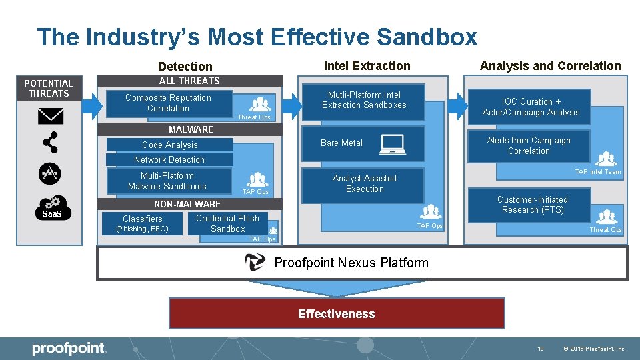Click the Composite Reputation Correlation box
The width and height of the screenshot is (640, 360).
[169, 103]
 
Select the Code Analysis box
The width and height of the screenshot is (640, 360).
[169, 145]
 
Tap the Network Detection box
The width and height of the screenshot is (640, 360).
[169, 159]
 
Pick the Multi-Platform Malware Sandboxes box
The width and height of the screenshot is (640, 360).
[167, 181]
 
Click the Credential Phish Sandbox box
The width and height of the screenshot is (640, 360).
[227, 223]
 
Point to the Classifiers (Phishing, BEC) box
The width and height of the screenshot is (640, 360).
[142, 223]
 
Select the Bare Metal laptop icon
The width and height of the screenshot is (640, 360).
[392, 144]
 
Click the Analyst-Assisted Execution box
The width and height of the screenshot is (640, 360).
[364, 184]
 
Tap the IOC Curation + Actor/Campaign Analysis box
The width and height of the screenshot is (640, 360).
[531, 107]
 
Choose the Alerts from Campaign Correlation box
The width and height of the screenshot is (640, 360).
[529, 146]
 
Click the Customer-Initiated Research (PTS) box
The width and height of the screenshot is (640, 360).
[533, 205]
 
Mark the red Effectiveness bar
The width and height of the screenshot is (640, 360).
[337, 314]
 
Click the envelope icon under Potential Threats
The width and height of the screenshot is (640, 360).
[50, 116]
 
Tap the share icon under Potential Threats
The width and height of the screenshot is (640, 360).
[50, 142]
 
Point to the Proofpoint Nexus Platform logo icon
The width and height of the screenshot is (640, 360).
[255, 263]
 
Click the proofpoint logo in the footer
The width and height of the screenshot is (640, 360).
[69, 348]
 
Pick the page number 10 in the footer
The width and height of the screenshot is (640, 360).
[541, 348]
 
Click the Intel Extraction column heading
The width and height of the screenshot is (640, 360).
[367, 65]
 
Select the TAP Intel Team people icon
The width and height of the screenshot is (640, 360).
[607, 159]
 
